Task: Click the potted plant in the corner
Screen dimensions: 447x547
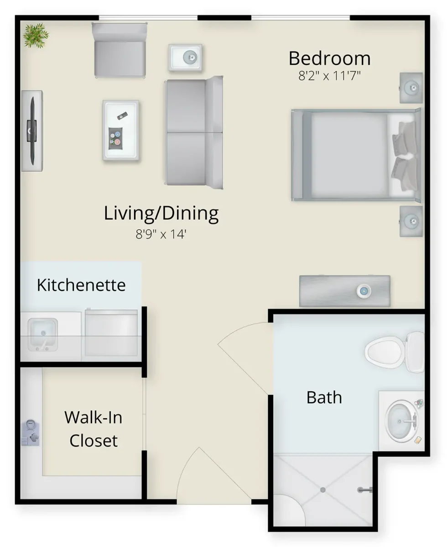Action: click(36, 36)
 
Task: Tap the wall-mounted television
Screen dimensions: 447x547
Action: click(32, 131)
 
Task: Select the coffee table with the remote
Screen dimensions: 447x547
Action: click(121, 130)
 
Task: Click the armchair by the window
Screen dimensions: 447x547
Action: click(120, 49)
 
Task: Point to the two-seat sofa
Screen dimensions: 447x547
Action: click(194, 132)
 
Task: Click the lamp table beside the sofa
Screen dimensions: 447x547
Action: click(185, 58)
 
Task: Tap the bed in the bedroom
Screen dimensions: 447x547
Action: click(356, 155)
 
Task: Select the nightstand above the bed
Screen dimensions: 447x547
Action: click(411, 88)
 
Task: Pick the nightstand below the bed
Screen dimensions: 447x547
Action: click(411, 221)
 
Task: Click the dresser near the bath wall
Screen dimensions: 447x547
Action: click(344, 291)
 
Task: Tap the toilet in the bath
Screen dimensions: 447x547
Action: click(395, 352)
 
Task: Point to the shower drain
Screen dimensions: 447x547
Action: click(323, 490)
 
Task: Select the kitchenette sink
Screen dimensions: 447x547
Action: click(42, 335)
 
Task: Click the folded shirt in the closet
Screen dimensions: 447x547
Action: click(31, 433)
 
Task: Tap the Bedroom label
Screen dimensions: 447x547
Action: click(330, 58)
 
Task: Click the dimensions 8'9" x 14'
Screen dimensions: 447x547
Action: click(161, 234)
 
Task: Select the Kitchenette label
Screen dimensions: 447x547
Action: click(81, 285)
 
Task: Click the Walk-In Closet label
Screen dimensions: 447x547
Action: click(94, 429)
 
